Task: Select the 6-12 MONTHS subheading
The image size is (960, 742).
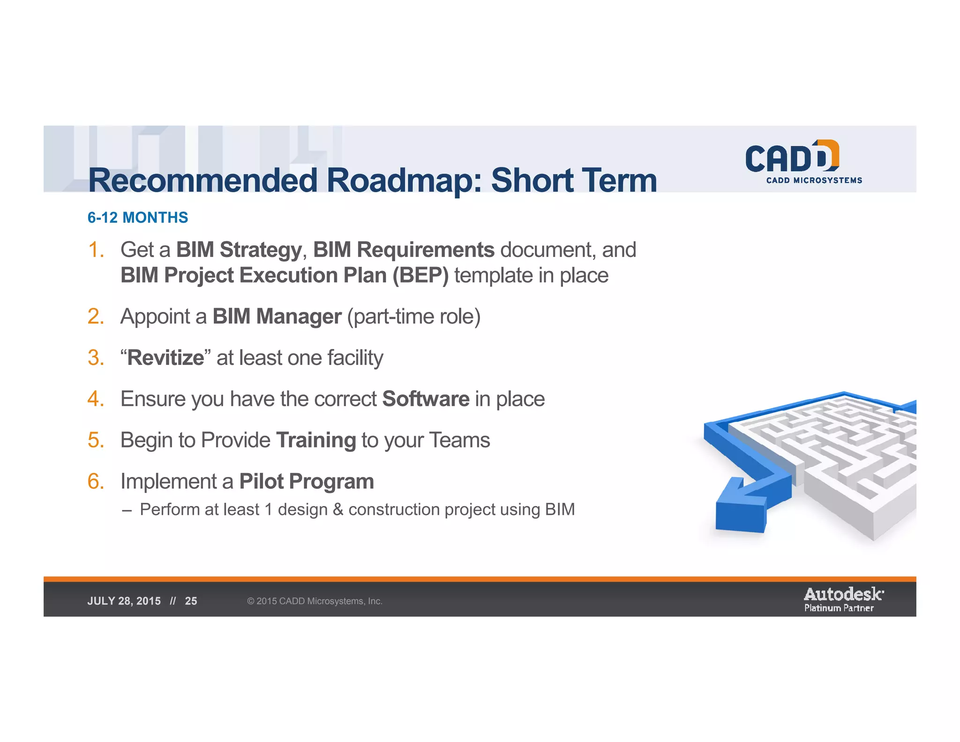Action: tap(137, 218)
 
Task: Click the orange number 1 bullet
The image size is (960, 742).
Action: tap(96, 250)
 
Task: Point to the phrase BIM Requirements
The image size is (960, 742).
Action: tap(404, 250)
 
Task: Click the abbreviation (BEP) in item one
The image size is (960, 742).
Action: tap(420, 275)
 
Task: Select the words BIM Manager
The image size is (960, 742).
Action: tap(277, 317)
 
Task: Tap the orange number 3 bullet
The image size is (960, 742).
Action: tap(96, 358)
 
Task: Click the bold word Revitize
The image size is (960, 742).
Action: tap(165, 358)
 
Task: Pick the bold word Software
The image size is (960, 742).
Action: tap(426, 399)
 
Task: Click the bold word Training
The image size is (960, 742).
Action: tap(316, 440)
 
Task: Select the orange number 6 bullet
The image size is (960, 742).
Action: tap(96, 482)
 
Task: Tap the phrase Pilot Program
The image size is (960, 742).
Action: tap(307, 482)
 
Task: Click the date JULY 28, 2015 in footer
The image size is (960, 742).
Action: tap(124, 601)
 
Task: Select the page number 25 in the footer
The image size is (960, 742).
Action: tap(191, 601)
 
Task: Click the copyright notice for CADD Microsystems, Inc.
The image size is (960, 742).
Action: tap(315, 601)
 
